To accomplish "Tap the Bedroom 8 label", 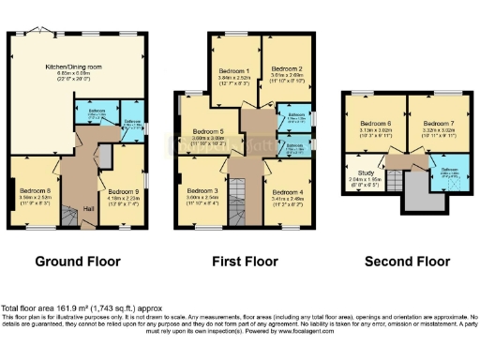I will [36, 189].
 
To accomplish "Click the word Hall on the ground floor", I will [89, 208].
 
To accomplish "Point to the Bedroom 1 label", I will [233, 70].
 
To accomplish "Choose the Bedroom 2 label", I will [285, 69].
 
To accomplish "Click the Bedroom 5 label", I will [209, 130].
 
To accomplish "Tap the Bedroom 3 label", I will [202, 190].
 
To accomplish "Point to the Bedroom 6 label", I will [375, 123].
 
